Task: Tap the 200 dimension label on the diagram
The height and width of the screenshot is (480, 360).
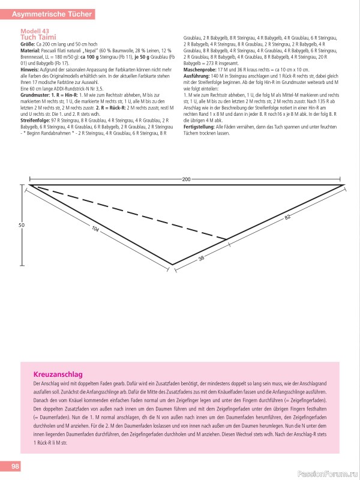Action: click(x=186, y=179)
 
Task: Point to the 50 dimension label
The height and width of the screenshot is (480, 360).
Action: click(x=21, y=225)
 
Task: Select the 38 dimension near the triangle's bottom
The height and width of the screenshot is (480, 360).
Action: click(x=201, y=258)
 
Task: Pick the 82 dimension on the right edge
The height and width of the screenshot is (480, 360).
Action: click(x=287, y=217)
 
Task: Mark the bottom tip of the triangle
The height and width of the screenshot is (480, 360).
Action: click(x=173, y=264)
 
